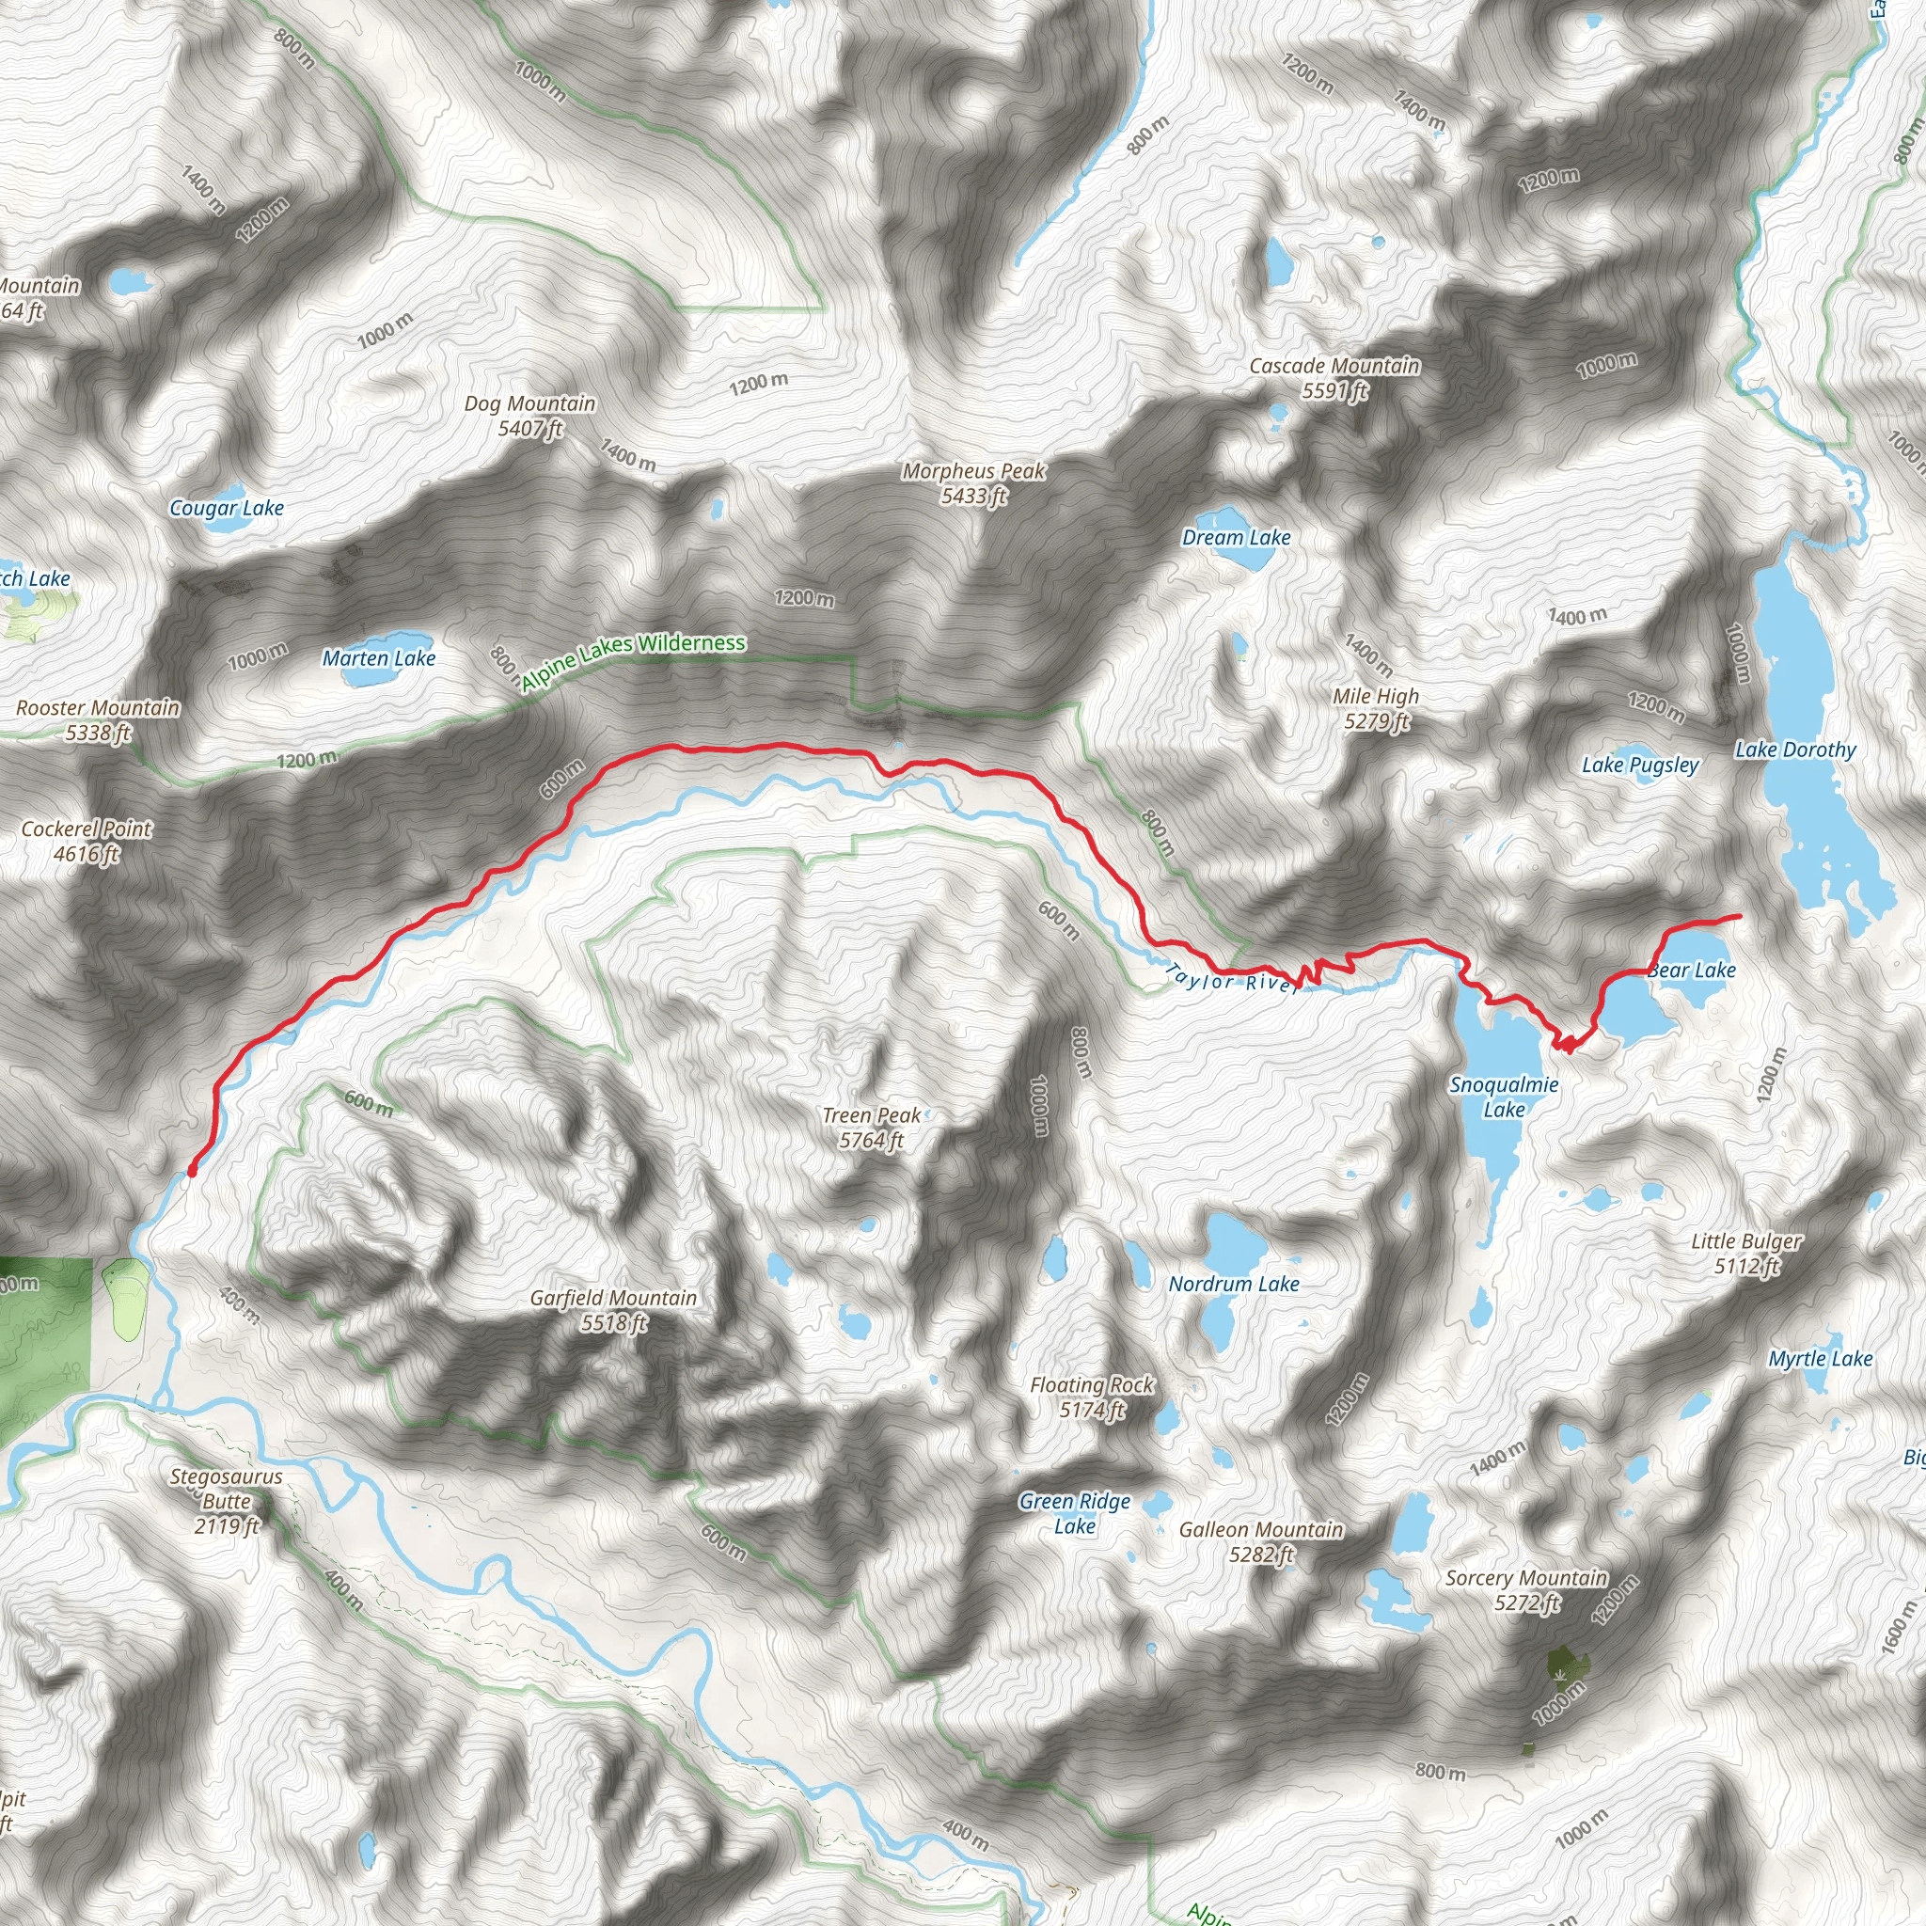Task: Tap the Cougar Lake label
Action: (x=227, y=509)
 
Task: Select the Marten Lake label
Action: (x=379, y=659)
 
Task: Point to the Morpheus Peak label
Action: (x=974, y=483)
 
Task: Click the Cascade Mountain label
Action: (x=1334, y=379)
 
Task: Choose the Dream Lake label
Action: (x=1236, y=538)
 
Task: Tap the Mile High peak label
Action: (x=1376, y=709)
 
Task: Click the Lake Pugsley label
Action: (x=1640, y=766)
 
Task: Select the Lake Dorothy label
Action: (x=1795, y=750)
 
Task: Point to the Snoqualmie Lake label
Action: (x=1505, y=1097)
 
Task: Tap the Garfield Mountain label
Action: (x=613, y=1310)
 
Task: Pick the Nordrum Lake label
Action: (x=1234, y=1284)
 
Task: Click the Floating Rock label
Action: (x=1092, y=1397)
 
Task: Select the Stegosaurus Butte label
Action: (x=227, y=1500)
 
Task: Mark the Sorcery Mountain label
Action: (x=1526, y=1590)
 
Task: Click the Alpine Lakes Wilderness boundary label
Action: (x=634, y=660)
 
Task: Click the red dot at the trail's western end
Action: (x=192, y=1172)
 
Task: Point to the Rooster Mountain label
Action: (x=98, y=720)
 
